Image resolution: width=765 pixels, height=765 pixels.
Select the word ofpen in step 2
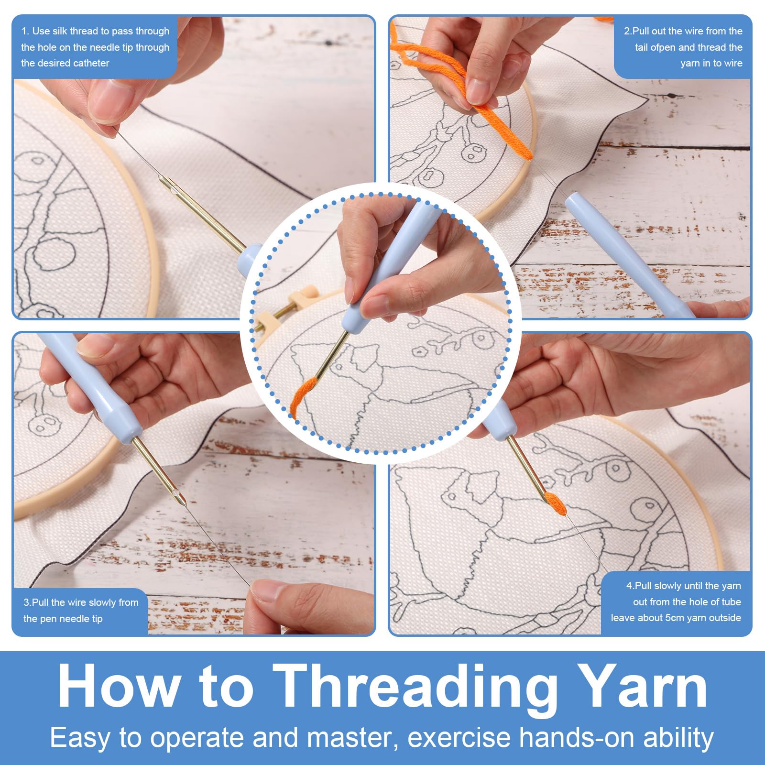(663, 47)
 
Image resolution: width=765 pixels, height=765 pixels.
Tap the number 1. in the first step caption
(25, 31)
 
